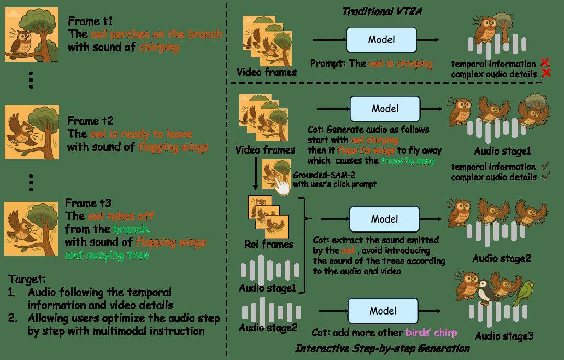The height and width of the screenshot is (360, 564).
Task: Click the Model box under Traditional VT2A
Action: pos(381,40)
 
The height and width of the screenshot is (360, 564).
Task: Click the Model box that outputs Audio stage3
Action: pos(383,311)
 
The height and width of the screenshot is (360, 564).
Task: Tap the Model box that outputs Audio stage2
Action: pos(384,219)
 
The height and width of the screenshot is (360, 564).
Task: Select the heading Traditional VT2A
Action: pos(382,11)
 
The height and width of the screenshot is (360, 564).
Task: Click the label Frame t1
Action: pos(90,21)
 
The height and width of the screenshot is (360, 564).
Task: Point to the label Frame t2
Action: pos(90,121)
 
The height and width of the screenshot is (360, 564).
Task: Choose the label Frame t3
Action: pos(88,203)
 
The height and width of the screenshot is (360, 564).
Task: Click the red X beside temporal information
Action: pos(545,62)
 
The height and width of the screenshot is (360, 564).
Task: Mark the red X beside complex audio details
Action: pos(546,74)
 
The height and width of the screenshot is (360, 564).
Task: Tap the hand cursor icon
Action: pos(282,186)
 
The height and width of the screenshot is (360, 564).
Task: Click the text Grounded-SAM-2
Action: pos(324,175)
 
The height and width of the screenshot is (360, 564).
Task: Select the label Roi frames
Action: pos(269,244)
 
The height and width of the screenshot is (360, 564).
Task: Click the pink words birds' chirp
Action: pos(431,333)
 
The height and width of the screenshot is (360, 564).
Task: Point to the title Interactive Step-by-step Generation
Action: pos(382,349)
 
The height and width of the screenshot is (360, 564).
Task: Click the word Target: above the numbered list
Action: pos(27,279)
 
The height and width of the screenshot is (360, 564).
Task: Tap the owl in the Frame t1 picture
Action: pos(21,41)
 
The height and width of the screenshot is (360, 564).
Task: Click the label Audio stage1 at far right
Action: pos(502,151)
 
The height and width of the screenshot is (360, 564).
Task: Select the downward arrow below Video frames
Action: pos(255,173)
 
